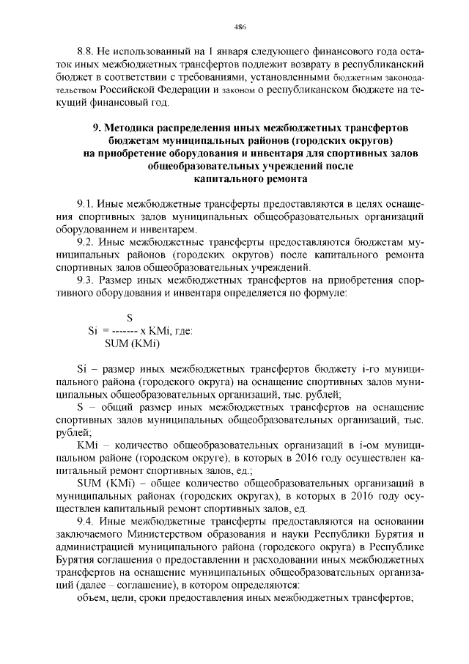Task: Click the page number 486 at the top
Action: (x=239, y=28)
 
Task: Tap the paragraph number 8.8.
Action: (x=86, y=53)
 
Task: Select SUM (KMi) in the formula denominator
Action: (x=133, y=343)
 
